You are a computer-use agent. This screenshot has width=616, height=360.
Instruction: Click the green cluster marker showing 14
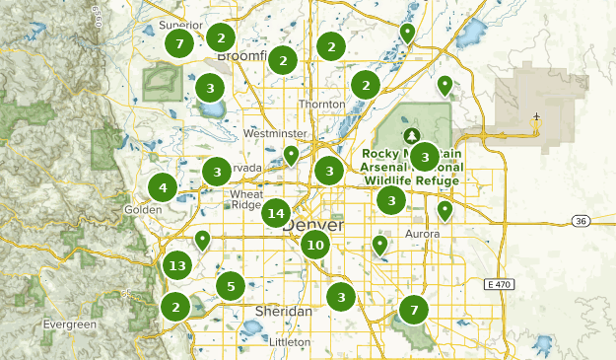(x=277, y=213)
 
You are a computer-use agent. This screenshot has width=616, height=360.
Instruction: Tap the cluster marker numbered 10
(x=315, y=246)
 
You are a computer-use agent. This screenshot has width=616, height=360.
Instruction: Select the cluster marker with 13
(x=177, y=265)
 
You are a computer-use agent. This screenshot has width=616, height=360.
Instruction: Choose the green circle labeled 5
(x=231, y=286)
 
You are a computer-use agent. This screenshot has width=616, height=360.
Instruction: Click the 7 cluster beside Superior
(x=178, y=43)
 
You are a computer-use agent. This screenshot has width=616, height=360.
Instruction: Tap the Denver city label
(x=313, y=226)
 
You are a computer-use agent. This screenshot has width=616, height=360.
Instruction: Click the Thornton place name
(x=322, y=104)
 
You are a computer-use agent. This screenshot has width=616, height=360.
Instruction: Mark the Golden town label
(x=144, y=210)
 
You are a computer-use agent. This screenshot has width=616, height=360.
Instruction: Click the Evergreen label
(x=70, y=324)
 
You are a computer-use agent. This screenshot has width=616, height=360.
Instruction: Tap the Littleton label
(x=289, y=341)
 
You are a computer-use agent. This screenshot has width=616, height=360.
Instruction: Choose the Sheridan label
(x=283, y=311)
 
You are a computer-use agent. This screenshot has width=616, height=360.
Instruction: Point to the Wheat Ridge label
(x=246, y=199)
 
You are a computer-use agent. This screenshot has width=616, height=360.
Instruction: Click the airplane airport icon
(x=535, y=123)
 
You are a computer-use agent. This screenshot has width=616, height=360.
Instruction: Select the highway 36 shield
(x=581, y=221)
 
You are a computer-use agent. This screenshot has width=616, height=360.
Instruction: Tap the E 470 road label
(x=502, y=284)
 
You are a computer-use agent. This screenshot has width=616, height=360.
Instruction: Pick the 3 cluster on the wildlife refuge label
(x=424, y=156)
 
